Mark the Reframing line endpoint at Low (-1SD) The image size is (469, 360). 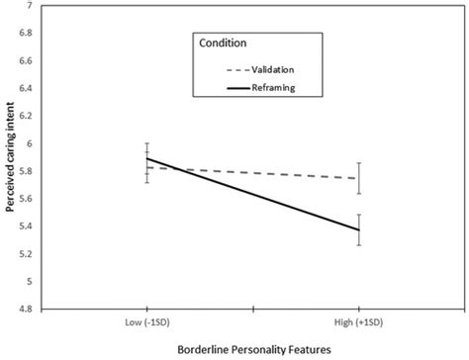146,158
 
